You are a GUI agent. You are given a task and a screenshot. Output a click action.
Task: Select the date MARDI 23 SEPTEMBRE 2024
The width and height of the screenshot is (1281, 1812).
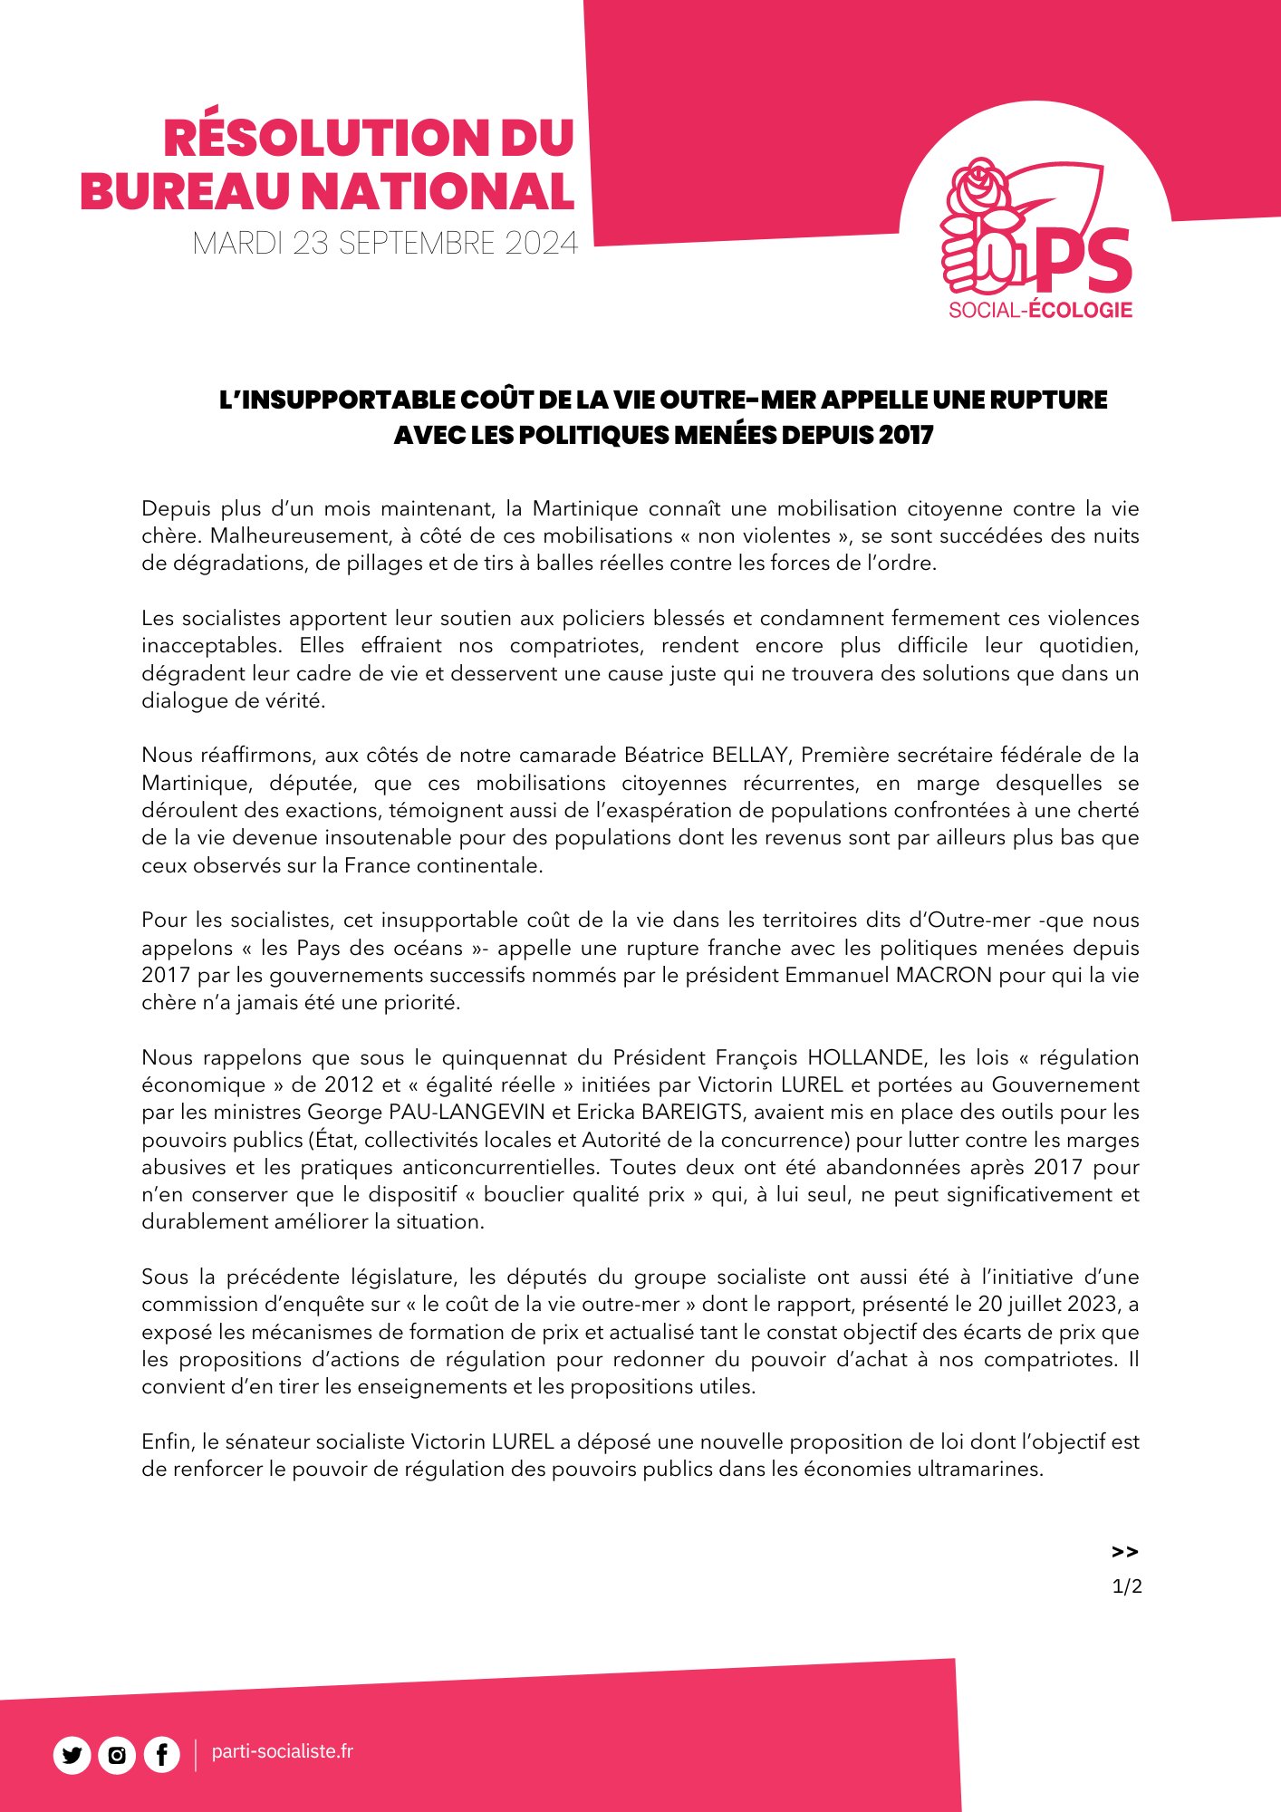[x=385, y=244]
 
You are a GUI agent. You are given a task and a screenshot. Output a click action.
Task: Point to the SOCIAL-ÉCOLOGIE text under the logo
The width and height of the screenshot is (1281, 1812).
[x=1040, y=310]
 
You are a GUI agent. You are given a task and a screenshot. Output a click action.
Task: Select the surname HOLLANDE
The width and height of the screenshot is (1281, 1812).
[x=865, y=1057]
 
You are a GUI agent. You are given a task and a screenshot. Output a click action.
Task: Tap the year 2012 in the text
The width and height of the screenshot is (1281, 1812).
[x=349, y=1084]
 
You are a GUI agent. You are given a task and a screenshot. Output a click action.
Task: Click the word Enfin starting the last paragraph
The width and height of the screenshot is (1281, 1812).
[x=166, y=1441]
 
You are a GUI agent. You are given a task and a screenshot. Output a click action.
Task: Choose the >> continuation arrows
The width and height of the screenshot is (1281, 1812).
[x=1124, y=1552]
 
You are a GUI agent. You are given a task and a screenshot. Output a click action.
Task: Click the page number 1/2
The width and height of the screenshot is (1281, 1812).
[x=1126, y=1586]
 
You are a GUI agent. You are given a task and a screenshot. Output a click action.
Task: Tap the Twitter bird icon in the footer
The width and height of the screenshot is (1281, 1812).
[x=72, y=1755]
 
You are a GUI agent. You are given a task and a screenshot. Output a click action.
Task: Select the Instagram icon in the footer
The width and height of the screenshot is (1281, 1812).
[x=117, y=1755]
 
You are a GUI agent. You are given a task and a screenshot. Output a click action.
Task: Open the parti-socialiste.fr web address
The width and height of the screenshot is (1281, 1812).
[x=282, y=1751]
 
